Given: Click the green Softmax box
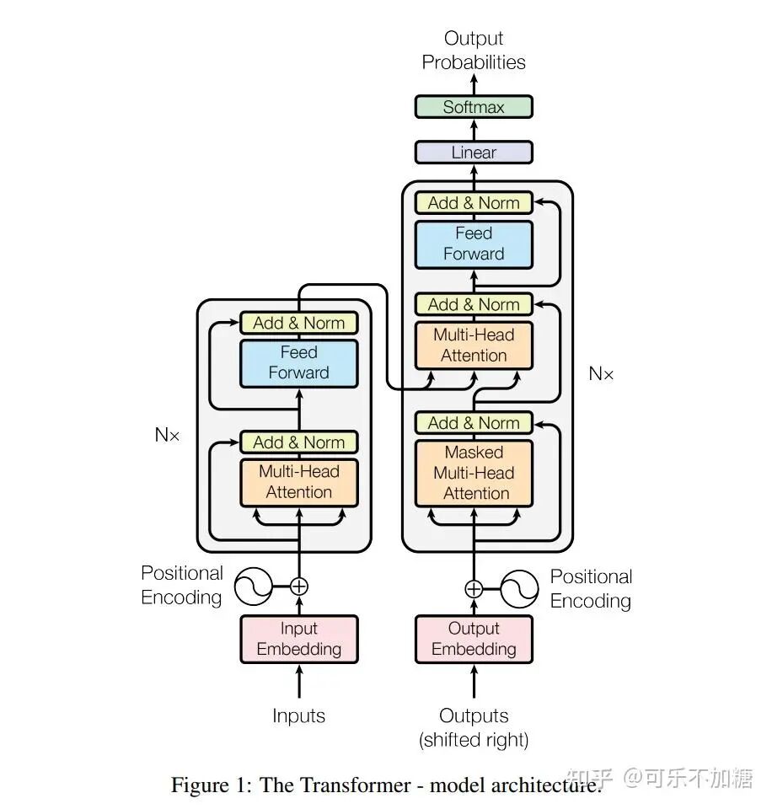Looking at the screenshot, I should tap(474, 107).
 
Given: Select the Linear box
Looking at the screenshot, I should tap(474, 153).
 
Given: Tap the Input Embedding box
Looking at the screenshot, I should tap(299, 639).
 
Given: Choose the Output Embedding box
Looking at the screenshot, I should tap(474, 639).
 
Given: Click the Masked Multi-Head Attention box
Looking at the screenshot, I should tap(474, 473).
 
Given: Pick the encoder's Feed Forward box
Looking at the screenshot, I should tap(299, 362).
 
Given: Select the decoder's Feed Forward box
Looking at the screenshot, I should tap(474, 244).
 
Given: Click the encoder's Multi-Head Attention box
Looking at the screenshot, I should tap(299, 482).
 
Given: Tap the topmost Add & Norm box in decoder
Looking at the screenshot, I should tap(474, 202).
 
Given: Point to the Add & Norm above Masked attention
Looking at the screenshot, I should tap(474, 423).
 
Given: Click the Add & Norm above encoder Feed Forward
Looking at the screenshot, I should tap(299, 323).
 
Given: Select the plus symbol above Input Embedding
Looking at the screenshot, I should tap(299, 587).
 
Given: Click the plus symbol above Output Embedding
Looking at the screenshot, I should tap(474, 588).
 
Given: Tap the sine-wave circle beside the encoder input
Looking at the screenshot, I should tap(253, 587).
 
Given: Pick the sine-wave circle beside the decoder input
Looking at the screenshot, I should tap(519, 588).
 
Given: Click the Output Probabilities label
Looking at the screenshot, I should tap(474, 51).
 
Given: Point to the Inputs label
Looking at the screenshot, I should tap(299, 716).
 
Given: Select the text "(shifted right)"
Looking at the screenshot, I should tap(474, 741).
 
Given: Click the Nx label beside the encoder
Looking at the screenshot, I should tap(168, 435).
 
